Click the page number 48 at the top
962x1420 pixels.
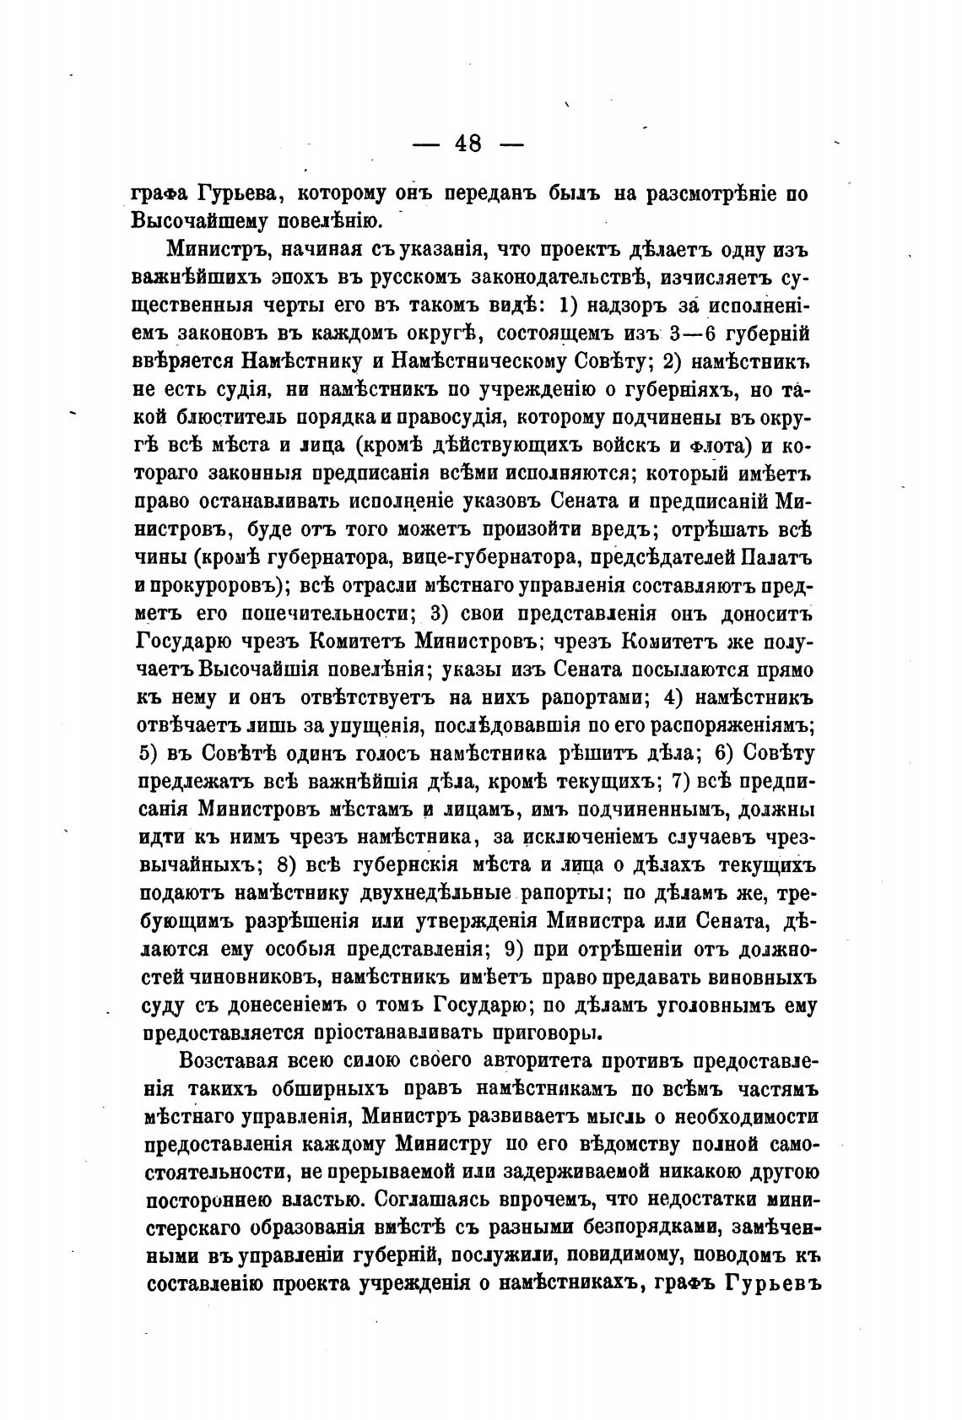(x=467, y=144)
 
